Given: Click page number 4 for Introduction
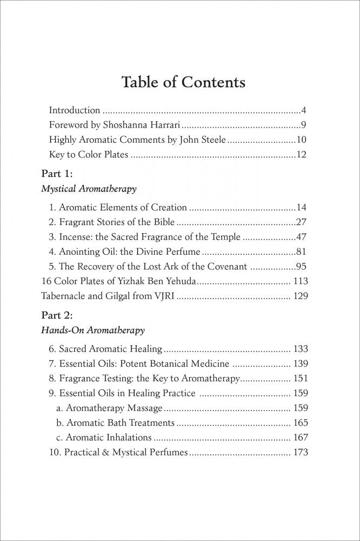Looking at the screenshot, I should [304, 110].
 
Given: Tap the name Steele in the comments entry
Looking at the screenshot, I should [210, 140].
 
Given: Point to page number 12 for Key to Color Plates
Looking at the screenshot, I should [302, 155].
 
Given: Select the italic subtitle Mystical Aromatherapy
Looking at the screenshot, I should [89, 189].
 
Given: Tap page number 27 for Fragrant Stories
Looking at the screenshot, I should [302, 222].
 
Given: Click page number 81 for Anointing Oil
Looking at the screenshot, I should [302, 252].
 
